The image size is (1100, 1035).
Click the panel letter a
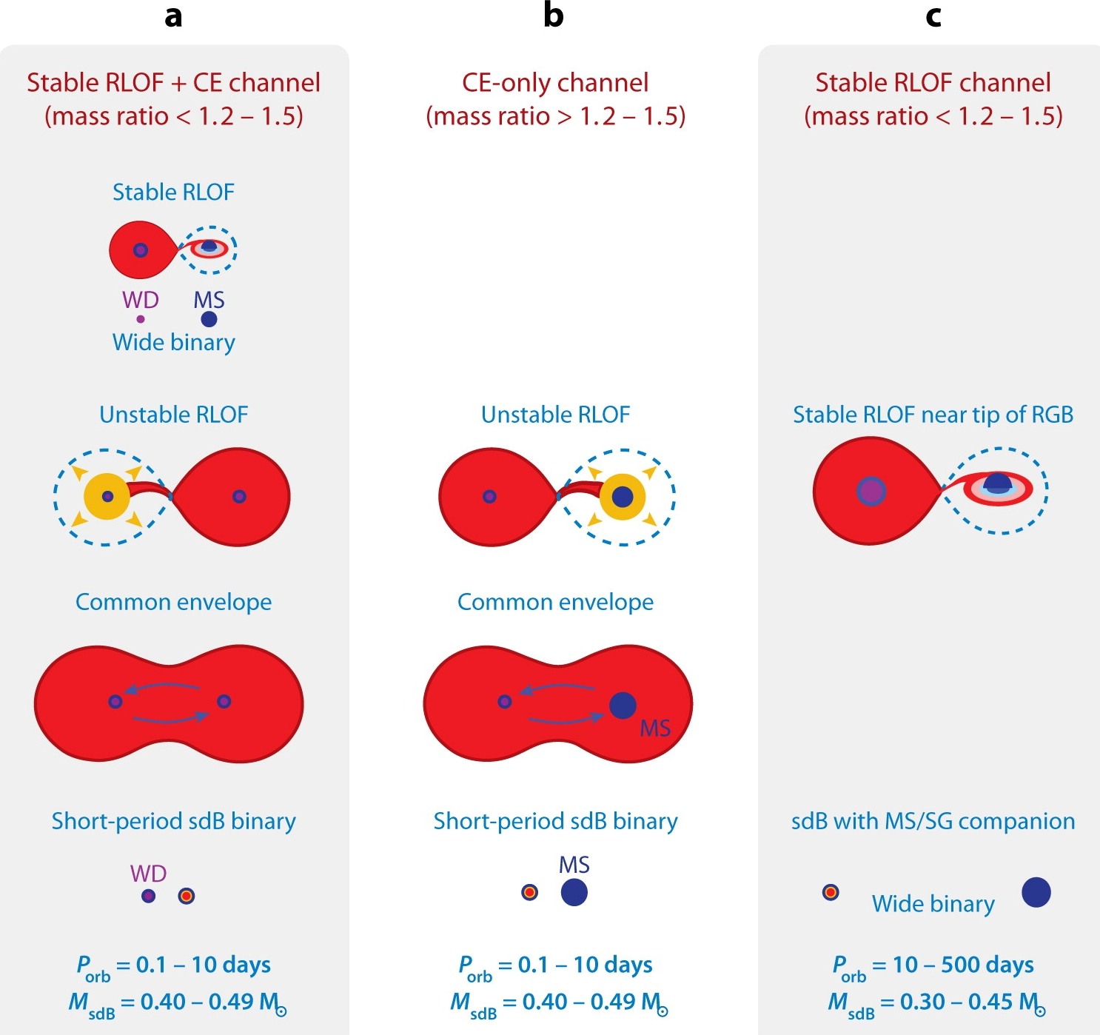click(x=173, y=16)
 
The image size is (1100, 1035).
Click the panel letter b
click(x=553, y=16)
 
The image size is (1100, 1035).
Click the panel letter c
click(x=933, y=16)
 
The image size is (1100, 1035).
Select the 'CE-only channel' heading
click(x=555, y=83)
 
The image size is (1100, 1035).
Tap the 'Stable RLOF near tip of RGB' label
click(x=933, y=415)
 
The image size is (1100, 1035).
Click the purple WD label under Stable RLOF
click(x=141, y=300)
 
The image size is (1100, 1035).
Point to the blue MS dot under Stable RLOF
click(x=209, y=319)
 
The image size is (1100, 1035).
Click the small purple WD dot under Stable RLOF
click(x=141, y=319)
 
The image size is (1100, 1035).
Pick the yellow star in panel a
click(x=107, y=496)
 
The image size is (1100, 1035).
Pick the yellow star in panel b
click(x=623, y=496)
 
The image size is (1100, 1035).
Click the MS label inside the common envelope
click(x=655, y=728)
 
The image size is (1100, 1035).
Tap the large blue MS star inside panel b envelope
click(x=623, y=705)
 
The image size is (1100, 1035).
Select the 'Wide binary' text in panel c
click(x=933, y=904)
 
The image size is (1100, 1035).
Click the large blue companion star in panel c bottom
click(x=1036, y=892)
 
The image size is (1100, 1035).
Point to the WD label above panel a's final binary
click(x=148, y=874)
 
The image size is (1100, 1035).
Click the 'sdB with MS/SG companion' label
click(x=933, y=821)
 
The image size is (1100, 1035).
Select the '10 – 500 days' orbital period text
click(x=963, y=965)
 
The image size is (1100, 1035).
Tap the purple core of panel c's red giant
click(x=871, y=491)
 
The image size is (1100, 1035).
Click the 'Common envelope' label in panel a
click(x=173, y=602)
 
